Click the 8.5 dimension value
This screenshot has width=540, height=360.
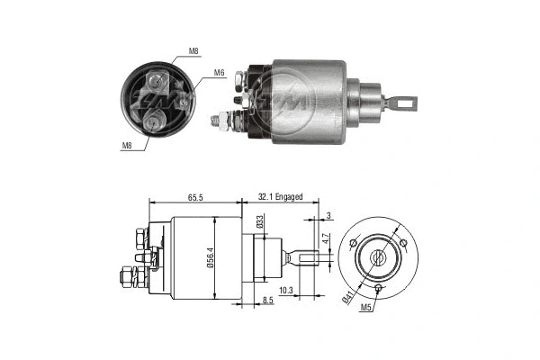click(x=268, y=300)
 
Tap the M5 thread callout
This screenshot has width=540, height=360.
click(x=364, y=308)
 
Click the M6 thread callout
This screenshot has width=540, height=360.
click(x=219, y=73)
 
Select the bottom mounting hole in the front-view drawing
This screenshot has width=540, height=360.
click(x=379, y=288)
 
